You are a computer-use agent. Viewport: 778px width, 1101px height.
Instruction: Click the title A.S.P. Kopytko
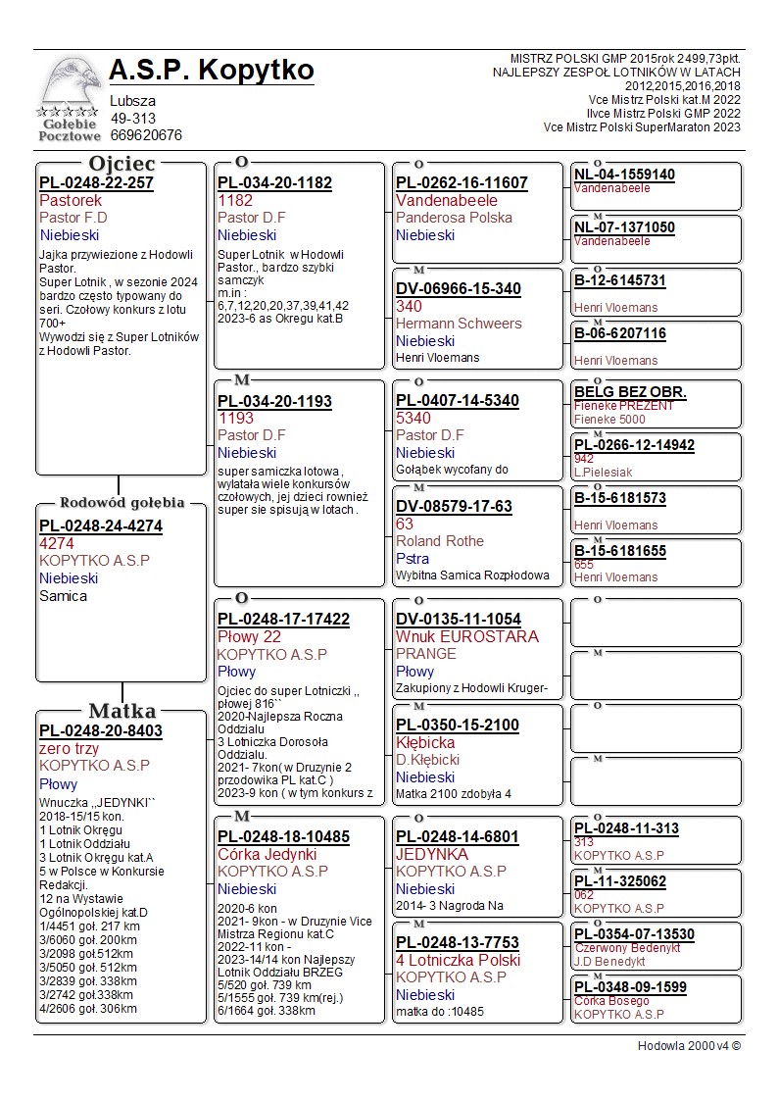pos(212,71)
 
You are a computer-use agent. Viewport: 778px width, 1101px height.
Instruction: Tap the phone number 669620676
pos(146,135)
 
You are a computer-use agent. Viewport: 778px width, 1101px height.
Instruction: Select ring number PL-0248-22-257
pos(96,183)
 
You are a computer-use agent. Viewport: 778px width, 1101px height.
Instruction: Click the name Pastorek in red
pos(71,200)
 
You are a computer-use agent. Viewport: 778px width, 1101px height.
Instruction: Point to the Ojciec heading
pos(122,163)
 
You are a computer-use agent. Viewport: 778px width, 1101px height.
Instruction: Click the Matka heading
pos(122,711)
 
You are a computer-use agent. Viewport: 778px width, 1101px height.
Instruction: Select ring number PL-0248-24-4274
pos(101,526)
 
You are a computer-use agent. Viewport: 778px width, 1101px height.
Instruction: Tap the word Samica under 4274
pos(63,596)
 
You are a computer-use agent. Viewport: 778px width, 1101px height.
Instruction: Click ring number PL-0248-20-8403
pos(101,731)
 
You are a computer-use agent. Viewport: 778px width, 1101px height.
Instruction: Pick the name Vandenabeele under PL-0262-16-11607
pos(447,200)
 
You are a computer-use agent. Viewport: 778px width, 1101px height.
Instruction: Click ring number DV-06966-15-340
pos(459,289)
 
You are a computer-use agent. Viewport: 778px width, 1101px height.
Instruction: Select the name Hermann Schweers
pos(459,324)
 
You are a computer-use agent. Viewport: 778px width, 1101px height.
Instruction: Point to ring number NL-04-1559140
pos(624,175)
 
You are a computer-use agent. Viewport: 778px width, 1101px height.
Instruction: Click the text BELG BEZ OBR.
pos(630,393)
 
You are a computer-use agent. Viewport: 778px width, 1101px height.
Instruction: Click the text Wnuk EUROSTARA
pos(467,636)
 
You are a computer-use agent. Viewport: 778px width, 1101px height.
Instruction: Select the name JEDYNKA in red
pos(432,854)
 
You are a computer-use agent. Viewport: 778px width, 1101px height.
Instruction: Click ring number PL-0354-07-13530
pos(634,934)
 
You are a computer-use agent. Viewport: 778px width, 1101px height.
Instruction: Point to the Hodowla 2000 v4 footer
pos(689,1045)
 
